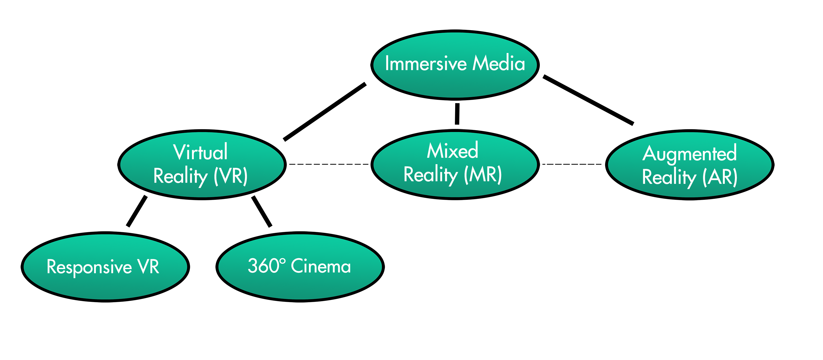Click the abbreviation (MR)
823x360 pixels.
point(483,175)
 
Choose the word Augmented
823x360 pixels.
point(689,154)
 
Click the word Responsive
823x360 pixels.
point(89,267)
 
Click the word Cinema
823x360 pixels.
point(321,266)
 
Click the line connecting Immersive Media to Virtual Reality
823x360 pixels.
point(324,112)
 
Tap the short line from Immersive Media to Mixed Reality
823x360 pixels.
point(457,114)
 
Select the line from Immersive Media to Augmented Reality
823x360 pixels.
point(588,100)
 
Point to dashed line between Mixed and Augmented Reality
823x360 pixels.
point(572,164)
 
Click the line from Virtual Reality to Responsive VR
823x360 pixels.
point(137,211)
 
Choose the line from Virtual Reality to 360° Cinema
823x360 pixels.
point(262,211)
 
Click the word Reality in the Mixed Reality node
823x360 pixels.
point(430,175)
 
